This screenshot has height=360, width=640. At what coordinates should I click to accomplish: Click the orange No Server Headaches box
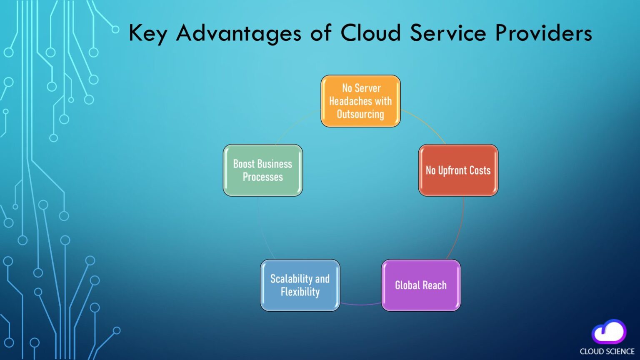tap(360, 101)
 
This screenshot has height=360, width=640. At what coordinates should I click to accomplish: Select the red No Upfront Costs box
tap(458, 170)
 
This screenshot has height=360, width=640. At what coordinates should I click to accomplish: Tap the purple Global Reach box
tap(421, 285)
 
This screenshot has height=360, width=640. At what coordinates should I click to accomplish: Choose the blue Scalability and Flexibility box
tap(300, 285)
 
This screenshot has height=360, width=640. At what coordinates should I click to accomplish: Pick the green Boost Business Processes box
tap(262, 170)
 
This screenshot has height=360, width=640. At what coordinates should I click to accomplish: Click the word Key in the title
tap(147, 33)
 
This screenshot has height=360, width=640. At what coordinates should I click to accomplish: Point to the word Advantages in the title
tap(238, 33)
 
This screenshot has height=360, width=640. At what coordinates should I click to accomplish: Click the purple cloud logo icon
tap(609, 332)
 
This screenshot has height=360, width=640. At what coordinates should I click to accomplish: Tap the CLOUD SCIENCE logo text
tap(607, 351)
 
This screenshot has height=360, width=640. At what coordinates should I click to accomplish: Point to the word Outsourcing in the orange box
tap(360, 114)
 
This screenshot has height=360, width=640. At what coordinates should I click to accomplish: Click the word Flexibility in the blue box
tap(300, 292)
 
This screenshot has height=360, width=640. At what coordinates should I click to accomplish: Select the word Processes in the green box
tap(262, 177)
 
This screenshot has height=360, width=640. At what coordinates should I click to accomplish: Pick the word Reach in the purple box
tap(435, 285)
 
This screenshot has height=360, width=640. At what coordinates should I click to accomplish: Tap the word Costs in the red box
tap(480, 170)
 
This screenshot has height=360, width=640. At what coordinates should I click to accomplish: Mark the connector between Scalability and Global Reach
tap(360, 304)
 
